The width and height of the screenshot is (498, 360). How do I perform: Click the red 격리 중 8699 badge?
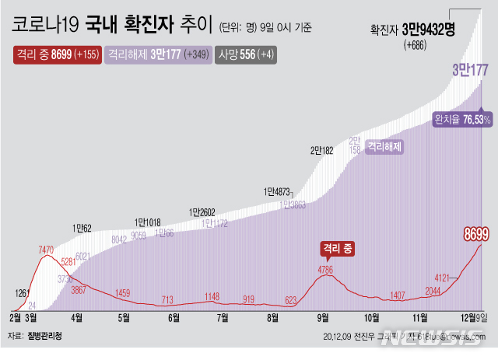(x=56, y=55)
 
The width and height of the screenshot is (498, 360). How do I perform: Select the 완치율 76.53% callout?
(x=462, y=119)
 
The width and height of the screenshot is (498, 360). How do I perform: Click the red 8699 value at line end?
(x=475, y=233)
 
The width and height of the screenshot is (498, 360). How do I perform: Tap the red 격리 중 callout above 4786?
(x=337, y=249)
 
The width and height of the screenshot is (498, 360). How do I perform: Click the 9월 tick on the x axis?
(x=321, y=317)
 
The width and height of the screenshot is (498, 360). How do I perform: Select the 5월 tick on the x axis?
(x=124, y=317)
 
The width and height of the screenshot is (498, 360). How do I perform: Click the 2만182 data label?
(x=321, y=150)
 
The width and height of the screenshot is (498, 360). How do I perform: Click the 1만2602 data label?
(x=203, y=211)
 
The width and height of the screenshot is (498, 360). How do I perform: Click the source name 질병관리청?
(x=45, y=336)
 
